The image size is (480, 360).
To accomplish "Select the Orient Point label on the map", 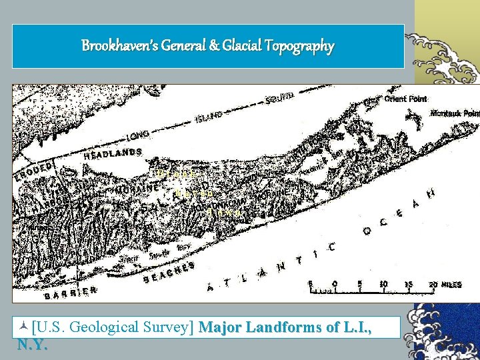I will pos(405,99).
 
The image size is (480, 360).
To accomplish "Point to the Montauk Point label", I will pos(455,113).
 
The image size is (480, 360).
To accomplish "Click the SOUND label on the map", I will pos(279,98).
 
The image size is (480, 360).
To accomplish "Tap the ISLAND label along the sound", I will pos(209,118).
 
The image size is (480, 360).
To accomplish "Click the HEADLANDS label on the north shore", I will pos(113,153).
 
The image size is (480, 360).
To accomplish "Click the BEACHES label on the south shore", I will pos(169,272).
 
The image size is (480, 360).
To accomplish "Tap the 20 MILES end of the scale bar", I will pos(445,284).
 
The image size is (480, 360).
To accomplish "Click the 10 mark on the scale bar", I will pos(383,284).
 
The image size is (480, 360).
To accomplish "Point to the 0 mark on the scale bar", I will pos(335,284).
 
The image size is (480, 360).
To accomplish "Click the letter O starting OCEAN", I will pos(367,231).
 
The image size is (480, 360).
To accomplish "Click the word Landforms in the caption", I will pos(279,327).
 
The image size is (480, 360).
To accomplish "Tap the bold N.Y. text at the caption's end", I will pos(32,345).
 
